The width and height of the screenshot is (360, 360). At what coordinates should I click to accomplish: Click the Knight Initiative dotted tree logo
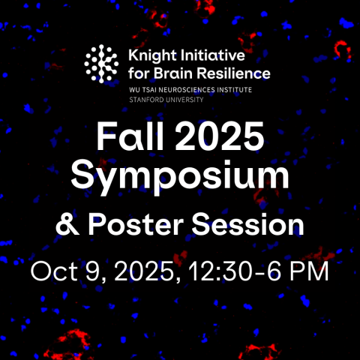[102, 63]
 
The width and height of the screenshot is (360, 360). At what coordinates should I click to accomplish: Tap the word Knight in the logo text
[150, 56]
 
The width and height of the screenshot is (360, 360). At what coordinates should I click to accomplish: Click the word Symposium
[179, 176]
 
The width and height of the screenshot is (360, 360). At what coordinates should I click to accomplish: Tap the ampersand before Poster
[67, 224]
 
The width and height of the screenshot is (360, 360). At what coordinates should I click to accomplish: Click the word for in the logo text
[141, 73]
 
